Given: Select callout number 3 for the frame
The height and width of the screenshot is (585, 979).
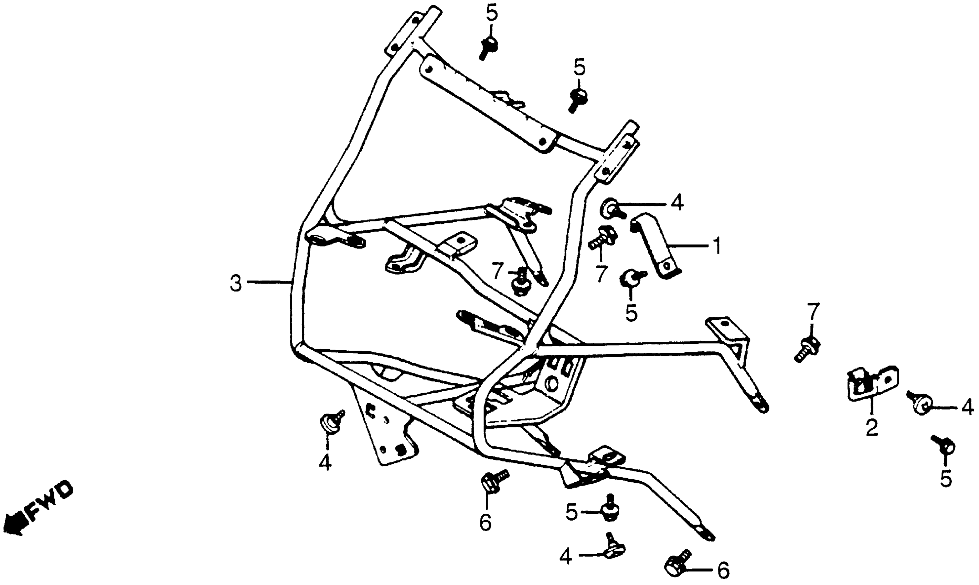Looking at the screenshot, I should coord(236,284).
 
